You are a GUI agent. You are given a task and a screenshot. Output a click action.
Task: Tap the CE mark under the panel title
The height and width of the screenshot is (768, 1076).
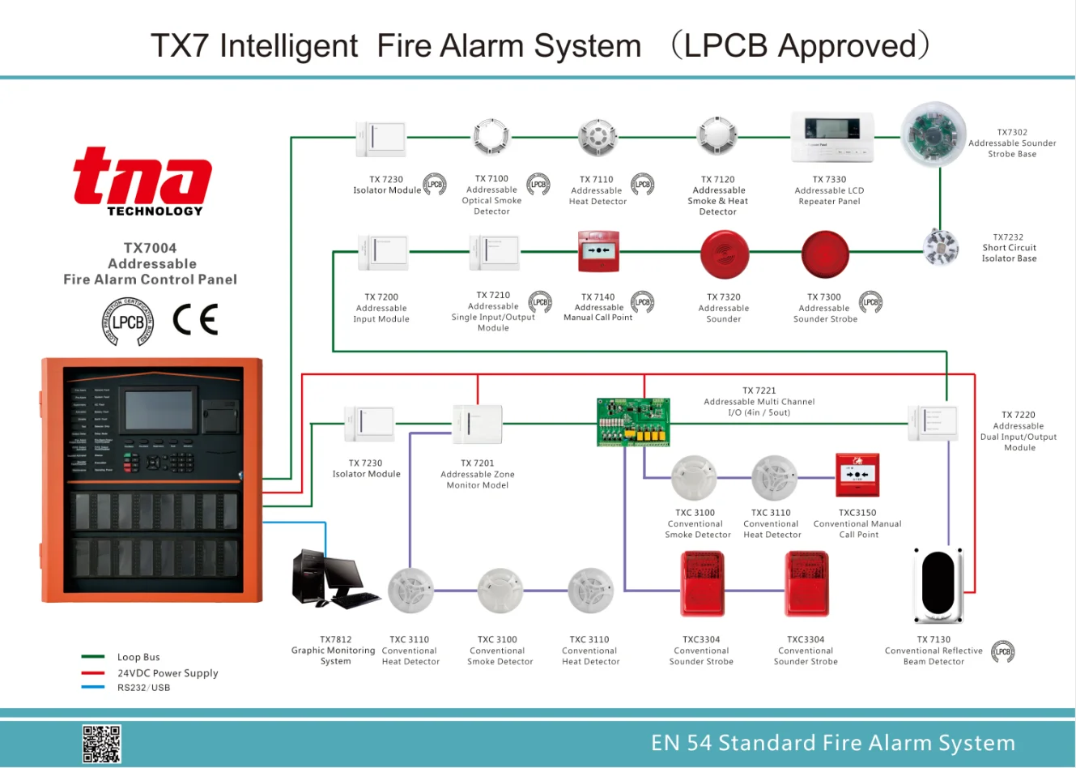pyautogui.click(x=195, y=320)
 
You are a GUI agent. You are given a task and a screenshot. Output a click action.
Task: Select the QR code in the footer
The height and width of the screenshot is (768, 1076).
pyautogui.click(x=101, y=744)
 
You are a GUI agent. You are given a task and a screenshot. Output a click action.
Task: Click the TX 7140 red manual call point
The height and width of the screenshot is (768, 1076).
pyautogui.click(x=598, y=252)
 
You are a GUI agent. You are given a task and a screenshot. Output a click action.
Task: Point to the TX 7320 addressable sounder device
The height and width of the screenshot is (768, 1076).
pyautogui.click(x=725, y=254)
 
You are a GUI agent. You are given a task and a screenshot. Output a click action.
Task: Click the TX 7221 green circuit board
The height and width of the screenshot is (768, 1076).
pyautogui.click(x=634, y=422)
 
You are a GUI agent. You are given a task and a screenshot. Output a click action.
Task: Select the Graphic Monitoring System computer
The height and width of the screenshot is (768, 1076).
pyautogui.click(x=332, y=580)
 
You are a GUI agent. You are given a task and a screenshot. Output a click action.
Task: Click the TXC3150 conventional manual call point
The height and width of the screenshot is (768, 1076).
pyautogui.click(x=857, y=476)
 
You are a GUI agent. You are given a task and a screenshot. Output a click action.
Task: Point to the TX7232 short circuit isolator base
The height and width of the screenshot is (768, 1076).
pyautogui.click(x=941, y=247)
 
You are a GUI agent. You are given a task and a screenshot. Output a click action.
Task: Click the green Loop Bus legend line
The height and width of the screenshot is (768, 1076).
pyautogui.click(x=93, y=657)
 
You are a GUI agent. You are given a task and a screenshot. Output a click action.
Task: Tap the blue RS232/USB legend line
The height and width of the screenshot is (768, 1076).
pyautogui.click(x=93, y=688)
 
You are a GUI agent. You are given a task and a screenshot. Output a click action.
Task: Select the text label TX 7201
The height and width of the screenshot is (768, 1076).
pyautogui.click(x=478, y=463)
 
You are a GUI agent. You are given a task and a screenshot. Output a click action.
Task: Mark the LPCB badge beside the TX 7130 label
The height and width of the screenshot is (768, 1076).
pyautogui.click(x=1002, y=651)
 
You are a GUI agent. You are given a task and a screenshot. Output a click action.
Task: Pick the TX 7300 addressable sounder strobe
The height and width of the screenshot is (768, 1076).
pyautogui.click(x=825, y=254)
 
